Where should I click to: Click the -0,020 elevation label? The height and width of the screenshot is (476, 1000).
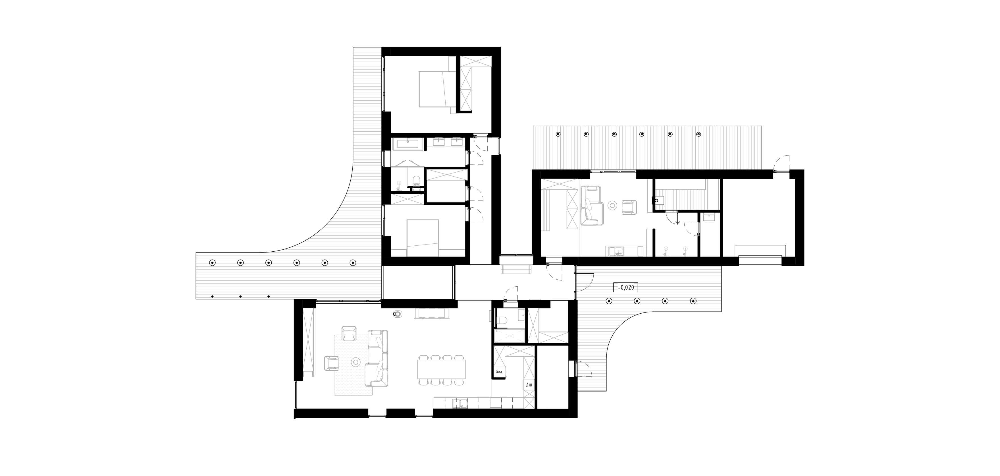pyautogui.click(x=625, y=287)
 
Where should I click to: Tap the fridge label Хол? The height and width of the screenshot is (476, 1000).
pyautogui.click(x=499, y=383)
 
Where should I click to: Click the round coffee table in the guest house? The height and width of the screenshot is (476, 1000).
pyautogui.click(x=613, y=205)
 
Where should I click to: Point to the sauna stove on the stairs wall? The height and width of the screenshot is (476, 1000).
pyautogui.click(x=659, y=200)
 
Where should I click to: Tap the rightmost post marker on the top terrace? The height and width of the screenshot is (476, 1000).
pyautogui.click(x=699, y=134)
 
